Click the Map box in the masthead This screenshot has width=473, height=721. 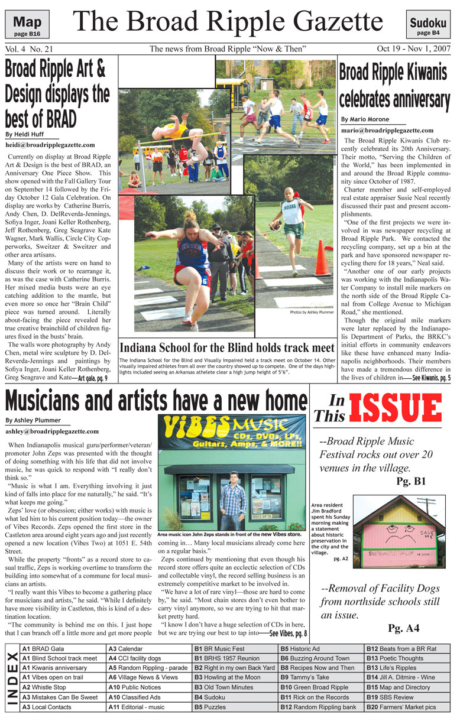28,25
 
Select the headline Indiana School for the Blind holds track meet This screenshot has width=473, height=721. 227,347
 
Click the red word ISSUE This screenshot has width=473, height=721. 394,407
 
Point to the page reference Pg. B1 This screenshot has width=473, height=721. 411,482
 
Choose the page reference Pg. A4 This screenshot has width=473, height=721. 404,627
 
